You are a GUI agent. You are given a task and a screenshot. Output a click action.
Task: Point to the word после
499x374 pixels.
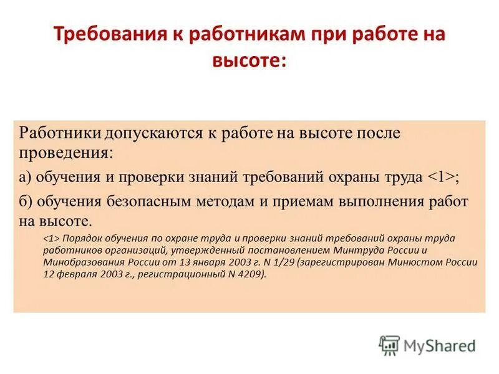pos(377,134)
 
